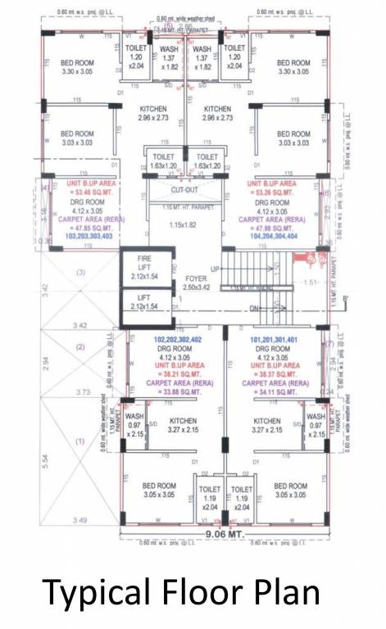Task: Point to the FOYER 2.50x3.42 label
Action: click(x=195, y=283)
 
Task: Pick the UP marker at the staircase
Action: click(x=216, y=269)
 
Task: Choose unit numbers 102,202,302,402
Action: click(x=176, y=337)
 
